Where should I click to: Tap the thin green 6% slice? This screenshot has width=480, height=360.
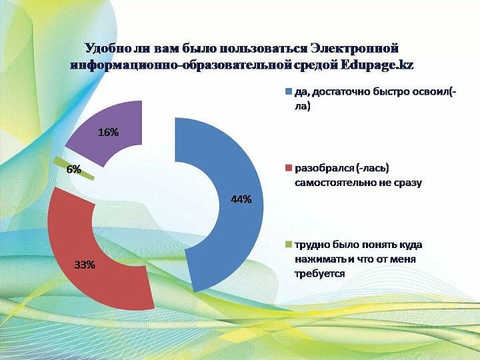(x=73, y=169)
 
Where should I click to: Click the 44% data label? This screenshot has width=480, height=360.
(x=241, y=199)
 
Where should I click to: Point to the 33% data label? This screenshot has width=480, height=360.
(x=85, y=265)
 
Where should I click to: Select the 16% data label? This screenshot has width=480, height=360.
(x=109, y=132)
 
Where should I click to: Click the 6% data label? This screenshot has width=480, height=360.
(x=74, y=169)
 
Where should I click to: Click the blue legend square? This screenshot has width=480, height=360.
(x=289, y=92)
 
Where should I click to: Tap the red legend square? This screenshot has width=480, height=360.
(x=289, y=168)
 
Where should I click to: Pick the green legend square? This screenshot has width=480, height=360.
(x=289, y=244)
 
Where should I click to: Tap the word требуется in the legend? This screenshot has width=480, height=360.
(x=320, y=273)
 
